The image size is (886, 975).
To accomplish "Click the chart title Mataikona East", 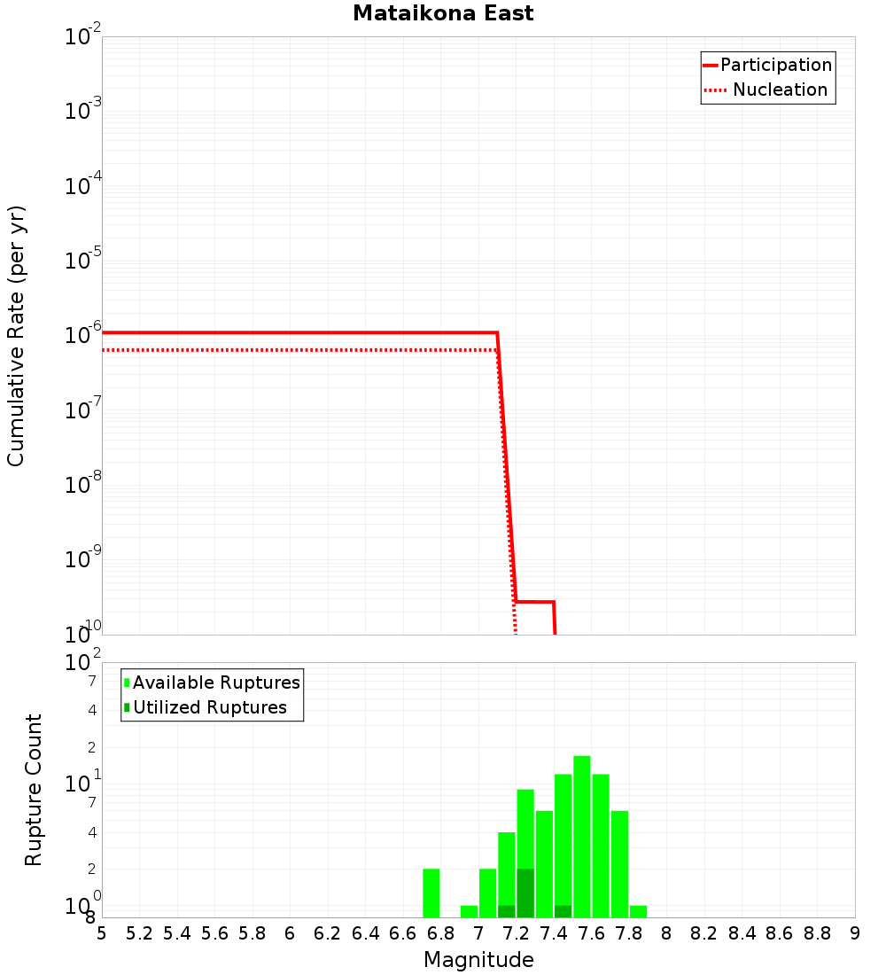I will click(x=443, y=13).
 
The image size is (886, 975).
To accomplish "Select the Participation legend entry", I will click(x=775, y=65).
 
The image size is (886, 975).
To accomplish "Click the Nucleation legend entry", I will click(x=779, y=90).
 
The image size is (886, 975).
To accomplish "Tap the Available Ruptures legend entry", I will click(x=215, y=682).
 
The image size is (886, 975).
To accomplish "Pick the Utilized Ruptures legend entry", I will click(x=209, y=707).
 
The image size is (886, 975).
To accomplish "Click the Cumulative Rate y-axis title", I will click(x=16, y=335).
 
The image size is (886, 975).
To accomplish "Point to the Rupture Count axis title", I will click(x=34, y=790).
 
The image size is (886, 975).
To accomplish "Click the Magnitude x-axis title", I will click(x=478, y=960).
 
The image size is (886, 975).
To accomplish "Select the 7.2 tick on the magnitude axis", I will click(x=517, y=933).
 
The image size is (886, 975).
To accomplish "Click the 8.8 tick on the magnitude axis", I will click(x=818, y=933).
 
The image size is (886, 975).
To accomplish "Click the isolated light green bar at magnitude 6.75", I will click(x=431, y=893).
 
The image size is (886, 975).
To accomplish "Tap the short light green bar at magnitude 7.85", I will click(x=638, y=911).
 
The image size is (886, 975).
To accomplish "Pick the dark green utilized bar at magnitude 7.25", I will click(x=525, y=893).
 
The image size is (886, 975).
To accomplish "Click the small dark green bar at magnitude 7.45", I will click(x=563, y=911).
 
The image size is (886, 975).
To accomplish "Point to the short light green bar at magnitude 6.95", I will click(x=470, y=911).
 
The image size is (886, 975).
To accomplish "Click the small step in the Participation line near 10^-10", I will click(x=535, y=602).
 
